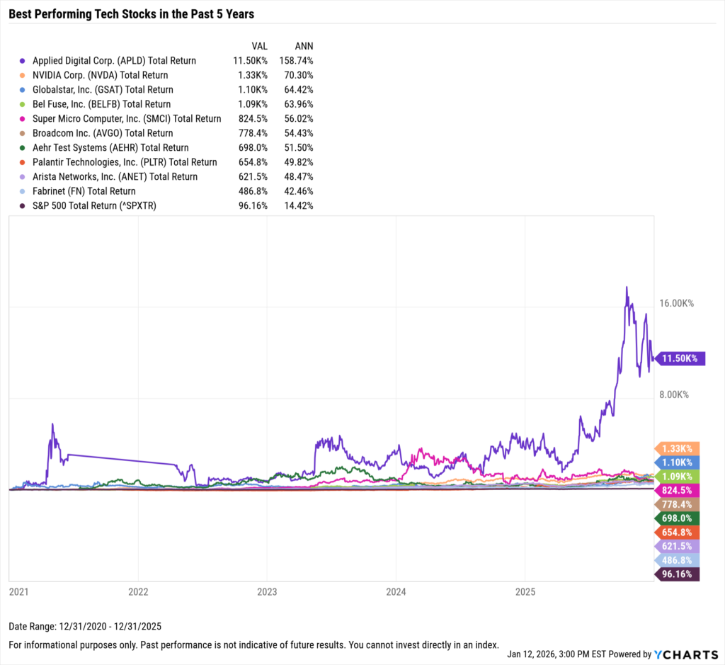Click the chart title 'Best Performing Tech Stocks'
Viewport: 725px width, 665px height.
[132, 13]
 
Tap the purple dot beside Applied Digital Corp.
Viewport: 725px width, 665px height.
[23, 61]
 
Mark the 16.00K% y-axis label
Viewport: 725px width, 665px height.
[676, 303]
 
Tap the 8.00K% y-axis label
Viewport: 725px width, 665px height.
[675, 395]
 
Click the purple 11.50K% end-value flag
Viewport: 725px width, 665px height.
[677, 358]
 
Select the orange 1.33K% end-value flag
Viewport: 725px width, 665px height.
[677, 448]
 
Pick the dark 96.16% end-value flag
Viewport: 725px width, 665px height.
[677, 574]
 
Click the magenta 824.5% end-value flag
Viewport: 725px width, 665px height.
[677, 490]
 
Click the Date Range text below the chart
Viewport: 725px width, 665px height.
[85, 627]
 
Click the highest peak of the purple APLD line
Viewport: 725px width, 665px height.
[627, 288]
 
